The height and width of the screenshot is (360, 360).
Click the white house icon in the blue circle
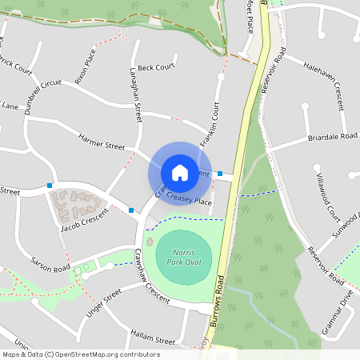180,172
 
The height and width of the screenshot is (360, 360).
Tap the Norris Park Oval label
183,257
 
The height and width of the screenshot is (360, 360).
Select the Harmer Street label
102,141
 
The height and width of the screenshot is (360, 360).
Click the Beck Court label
155,68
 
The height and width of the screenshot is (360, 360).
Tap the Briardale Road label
332,137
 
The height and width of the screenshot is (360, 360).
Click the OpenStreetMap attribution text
81,354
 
